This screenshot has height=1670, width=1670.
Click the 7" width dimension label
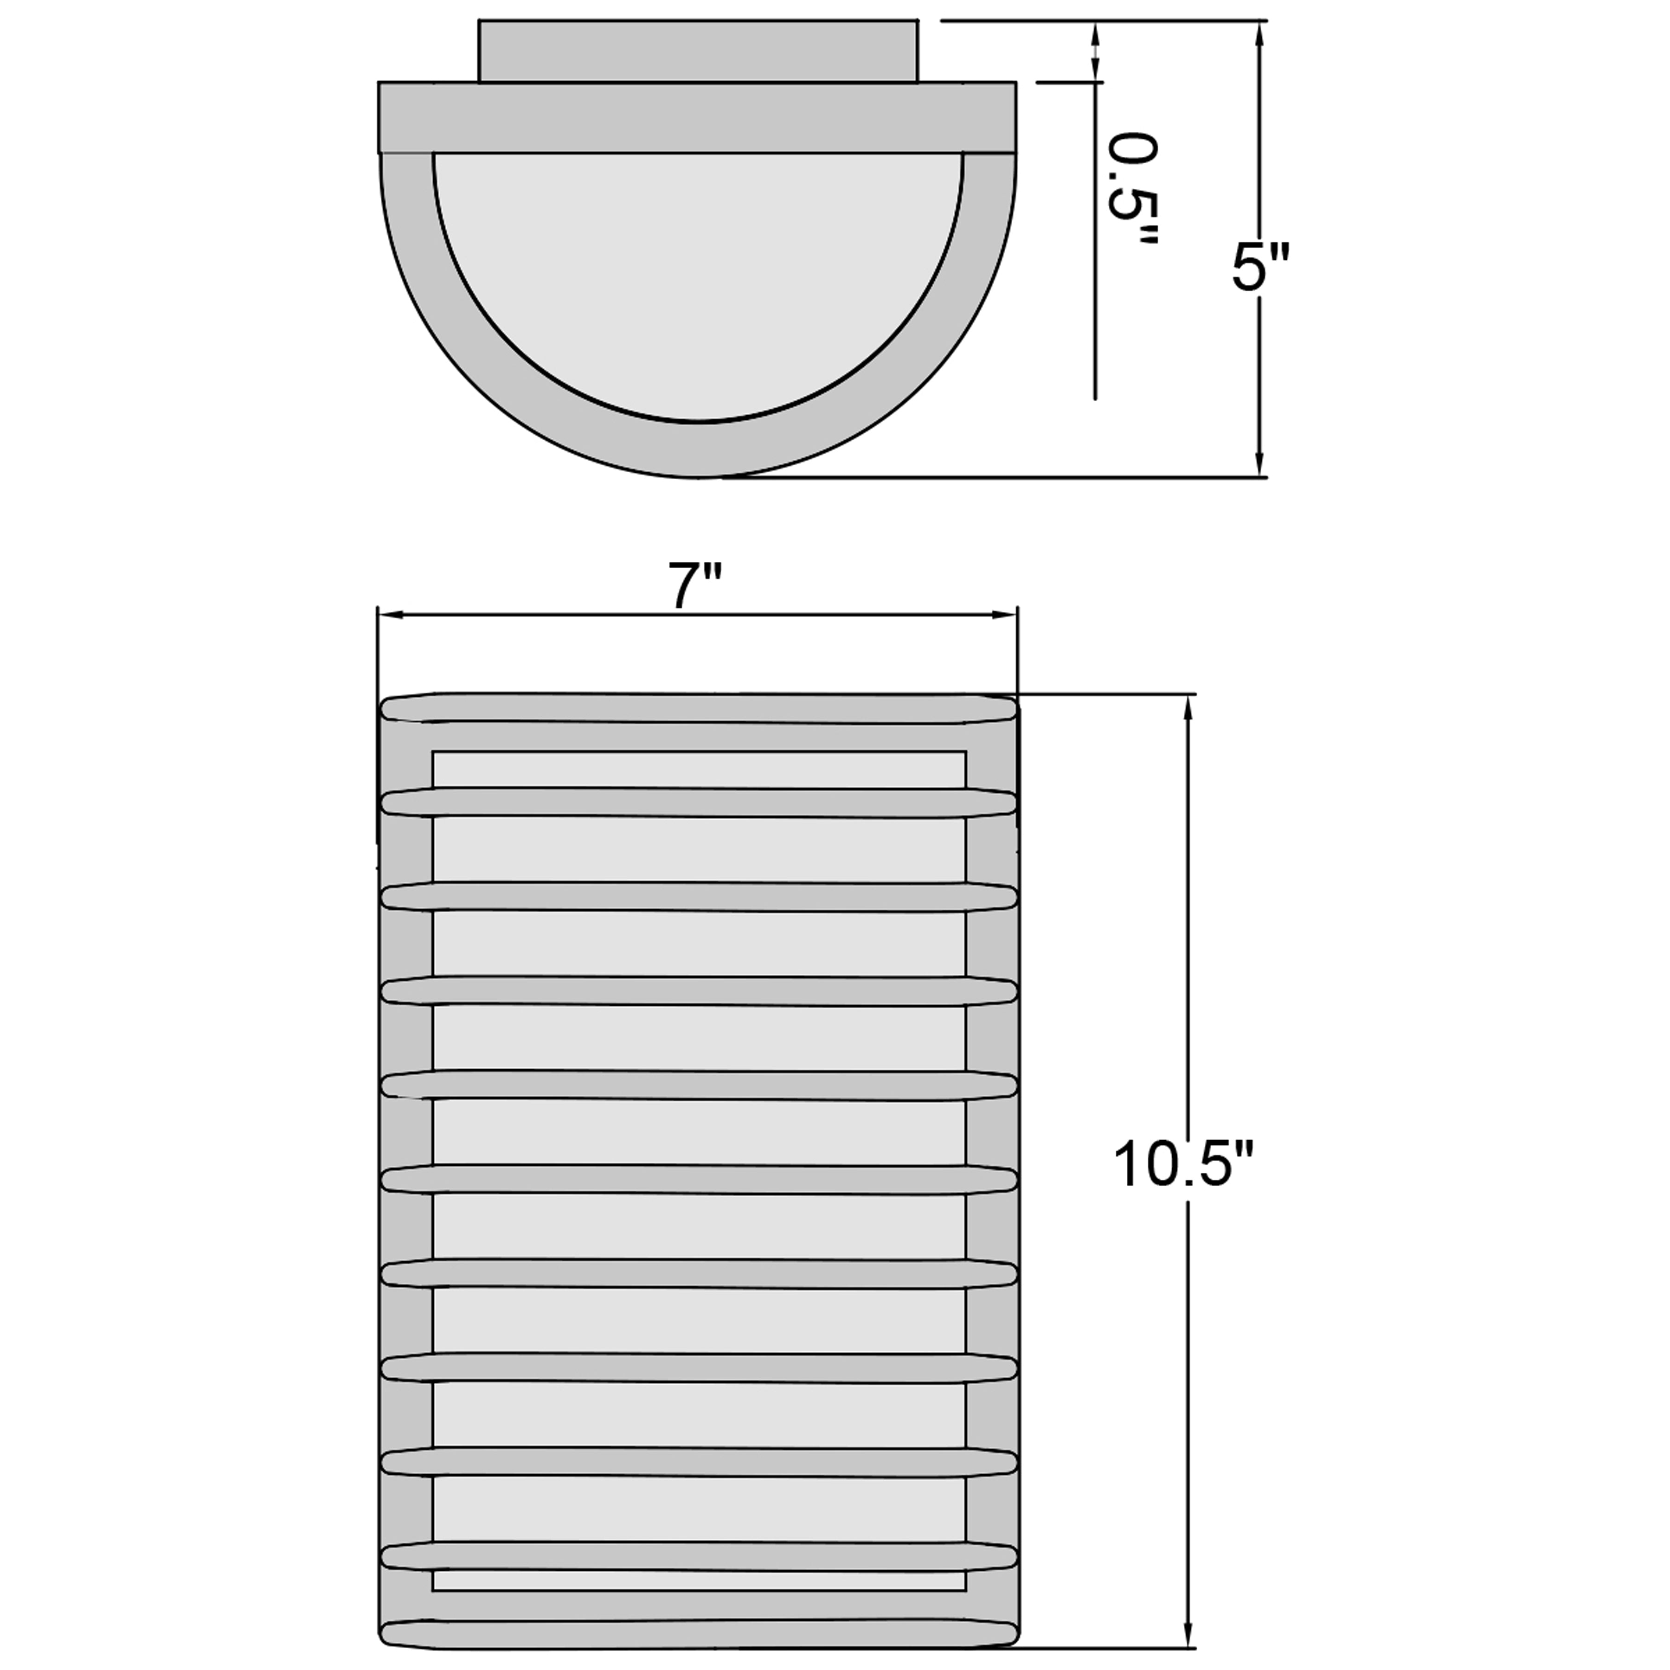click(x=694, y=585)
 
